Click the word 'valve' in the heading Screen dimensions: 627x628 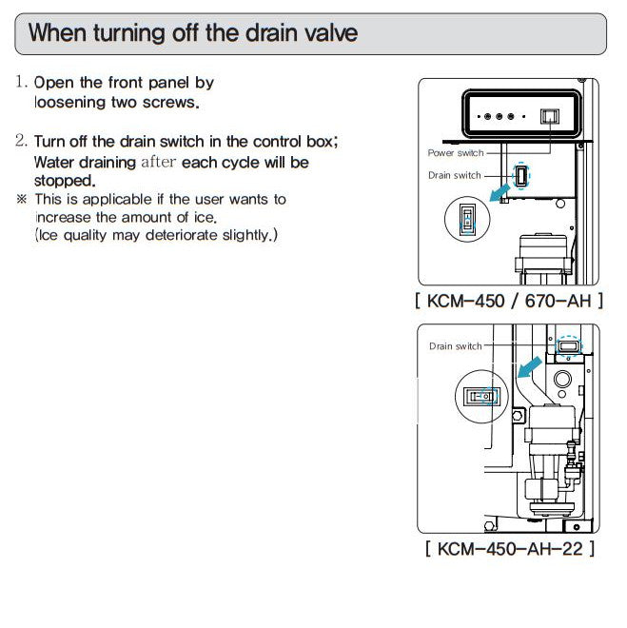click(331, 33)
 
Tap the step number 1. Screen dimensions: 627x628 click(21, 82)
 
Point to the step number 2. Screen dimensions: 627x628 click(21, 141)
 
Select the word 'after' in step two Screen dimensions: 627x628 click(159, 162)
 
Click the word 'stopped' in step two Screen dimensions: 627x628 click(65, 181)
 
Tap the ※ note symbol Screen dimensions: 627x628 click(21, 199)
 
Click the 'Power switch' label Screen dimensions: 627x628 click(456, 152)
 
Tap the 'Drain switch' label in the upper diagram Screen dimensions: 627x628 click(455, 175)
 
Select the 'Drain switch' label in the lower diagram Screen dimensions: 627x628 click(455, 346)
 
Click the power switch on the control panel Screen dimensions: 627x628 click(550, 116)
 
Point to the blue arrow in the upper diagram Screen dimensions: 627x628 click(500, 192)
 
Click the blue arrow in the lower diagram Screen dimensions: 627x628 click(529, 367)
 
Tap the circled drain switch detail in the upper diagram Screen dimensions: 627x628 click(467, 219)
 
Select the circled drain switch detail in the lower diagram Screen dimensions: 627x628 click(481, 397)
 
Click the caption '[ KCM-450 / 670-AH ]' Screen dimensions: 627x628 click(509, 301)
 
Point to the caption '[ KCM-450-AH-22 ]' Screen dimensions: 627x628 click(510, 548)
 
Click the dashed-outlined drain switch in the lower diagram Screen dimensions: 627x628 click(569, 346)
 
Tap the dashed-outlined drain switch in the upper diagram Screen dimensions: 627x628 click(520, 176)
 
